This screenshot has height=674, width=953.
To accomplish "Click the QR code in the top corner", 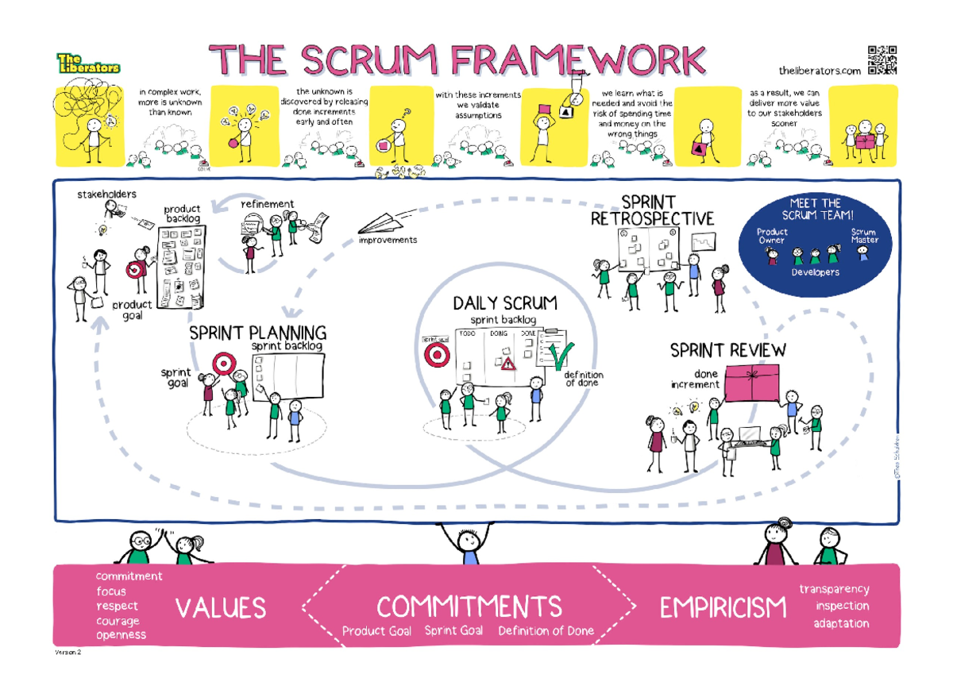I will tap(882, 60).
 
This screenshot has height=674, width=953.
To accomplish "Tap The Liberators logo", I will tap(88, 63).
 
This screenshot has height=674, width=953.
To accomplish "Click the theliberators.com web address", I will tap(820, 71).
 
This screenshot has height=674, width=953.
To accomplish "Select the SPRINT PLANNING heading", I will tap(257, 333).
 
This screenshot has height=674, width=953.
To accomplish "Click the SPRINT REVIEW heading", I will tap(728, 350).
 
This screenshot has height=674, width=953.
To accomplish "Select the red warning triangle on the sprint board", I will tap(507, 364).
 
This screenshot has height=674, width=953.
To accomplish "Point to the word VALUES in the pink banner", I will tap(221, 609).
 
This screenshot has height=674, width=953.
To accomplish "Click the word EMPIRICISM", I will tap(723, 609).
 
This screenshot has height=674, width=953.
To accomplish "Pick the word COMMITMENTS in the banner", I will tap(469, 607).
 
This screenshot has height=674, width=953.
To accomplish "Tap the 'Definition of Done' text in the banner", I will tap(546, 632).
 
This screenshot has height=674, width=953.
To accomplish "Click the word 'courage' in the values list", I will tap(118, 621).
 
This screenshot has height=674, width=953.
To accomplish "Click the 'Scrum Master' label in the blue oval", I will tap(864, 237).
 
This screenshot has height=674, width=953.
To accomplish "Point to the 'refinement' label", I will tap(267, 204).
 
